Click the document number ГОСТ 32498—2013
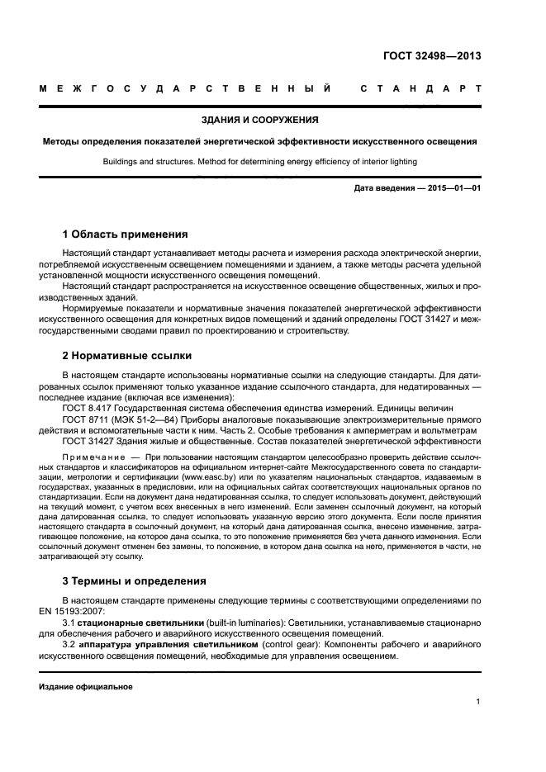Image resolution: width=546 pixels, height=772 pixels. [x=432, y=56]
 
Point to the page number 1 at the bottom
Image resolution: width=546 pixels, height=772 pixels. [x=478, y=702]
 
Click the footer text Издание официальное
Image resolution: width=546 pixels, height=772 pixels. [x=86, y=685]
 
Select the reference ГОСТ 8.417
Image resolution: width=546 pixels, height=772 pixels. [x=88, y=409]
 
